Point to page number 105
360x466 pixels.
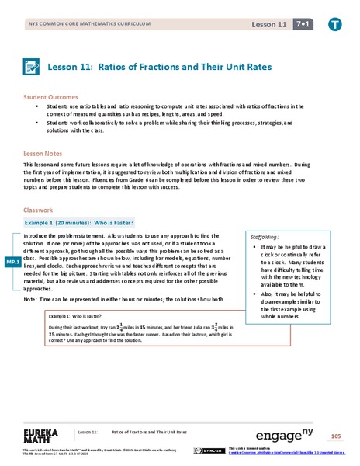[x=335, y=435]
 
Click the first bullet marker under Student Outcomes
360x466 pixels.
[x=37, y=106]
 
